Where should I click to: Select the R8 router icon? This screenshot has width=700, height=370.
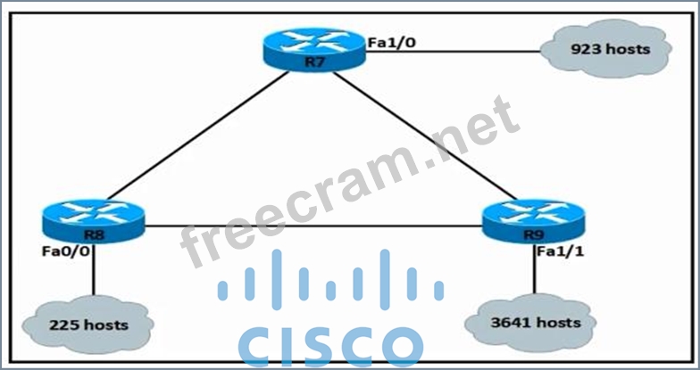point(92,220)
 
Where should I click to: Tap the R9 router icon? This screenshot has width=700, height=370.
point(532,220)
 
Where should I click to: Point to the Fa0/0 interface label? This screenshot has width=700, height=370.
point(63,252)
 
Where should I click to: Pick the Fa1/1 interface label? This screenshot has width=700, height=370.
point(559,252)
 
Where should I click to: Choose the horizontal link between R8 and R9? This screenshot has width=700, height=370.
point(312,226)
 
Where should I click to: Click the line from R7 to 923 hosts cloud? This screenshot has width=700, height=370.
point(455,50)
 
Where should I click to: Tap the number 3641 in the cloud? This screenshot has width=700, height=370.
point(512,322)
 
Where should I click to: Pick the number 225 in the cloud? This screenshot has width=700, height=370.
point(65,325)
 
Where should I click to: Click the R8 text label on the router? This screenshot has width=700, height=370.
point(92,234)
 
